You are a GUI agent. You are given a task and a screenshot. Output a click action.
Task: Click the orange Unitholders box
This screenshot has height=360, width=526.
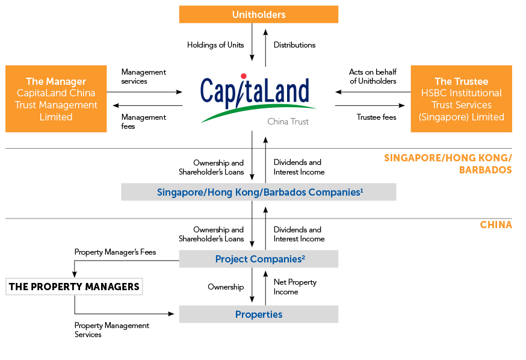[x=259, y=14]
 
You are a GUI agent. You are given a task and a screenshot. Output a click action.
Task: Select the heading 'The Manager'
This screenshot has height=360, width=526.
[x=56, y=81]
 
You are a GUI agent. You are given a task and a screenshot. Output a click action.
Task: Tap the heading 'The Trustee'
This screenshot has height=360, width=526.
[x=461, y=81]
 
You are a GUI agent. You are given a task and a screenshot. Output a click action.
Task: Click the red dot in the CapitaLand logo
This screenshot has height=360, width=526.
[x=243, y=76]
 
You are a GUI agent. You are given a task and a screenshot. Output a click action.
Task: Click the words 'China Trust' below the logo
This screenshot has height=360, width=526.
[x=288, y=122]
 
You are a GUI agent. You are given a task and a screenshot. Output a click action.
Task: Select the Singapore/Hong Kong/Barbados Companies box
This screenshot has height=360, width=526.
[x=259, y=192]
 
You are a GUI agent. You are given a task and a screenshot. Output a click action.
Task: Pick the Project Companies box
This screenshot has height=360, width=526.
[x=259, y=259]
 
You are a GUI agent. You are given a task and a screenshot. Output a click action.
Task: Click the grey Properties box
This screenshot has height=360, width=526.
[x=259, y=314]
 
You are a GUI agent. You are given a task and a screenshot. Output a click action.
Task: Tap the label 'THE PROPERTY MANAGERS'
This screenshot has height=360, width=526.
[x=74, y=287]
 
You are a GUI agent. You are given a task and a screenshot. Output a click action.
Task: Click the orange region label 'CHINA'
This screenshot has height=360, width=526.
[x=496, y=225]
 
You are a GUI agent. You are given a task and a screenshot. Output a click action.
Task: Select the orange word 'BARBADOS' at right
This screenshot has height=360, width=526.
[x=485, y=170]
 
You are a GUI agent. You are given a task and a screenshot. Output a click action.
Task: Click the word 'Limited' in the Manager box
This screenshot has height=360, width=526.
[x=56, y=117]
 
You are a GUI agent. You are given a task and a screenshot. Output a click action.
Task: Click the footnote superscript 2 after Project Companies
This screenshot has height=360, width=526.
[x=303, y=256]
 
